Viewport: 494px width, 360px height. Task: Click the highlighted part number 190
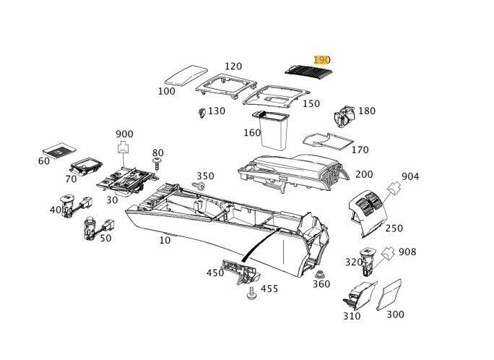point(321,59)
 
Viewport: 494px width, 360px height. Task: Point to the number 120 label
point(233,67)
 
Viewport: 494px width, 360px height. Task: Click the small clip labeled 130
point(200,112)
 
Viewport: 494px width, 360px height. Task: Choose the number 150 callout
point(311,104)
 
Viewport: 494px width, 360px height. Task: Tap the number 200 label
point(364,175)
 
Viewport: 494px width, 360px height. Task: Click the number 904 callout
point(410,176)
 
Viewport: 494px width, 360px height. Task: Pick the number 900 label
point(124,134)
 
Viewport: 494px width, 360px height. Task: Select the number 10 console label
point(165,239)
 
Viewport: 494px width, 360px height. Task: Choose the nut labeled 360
point(321,275)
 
